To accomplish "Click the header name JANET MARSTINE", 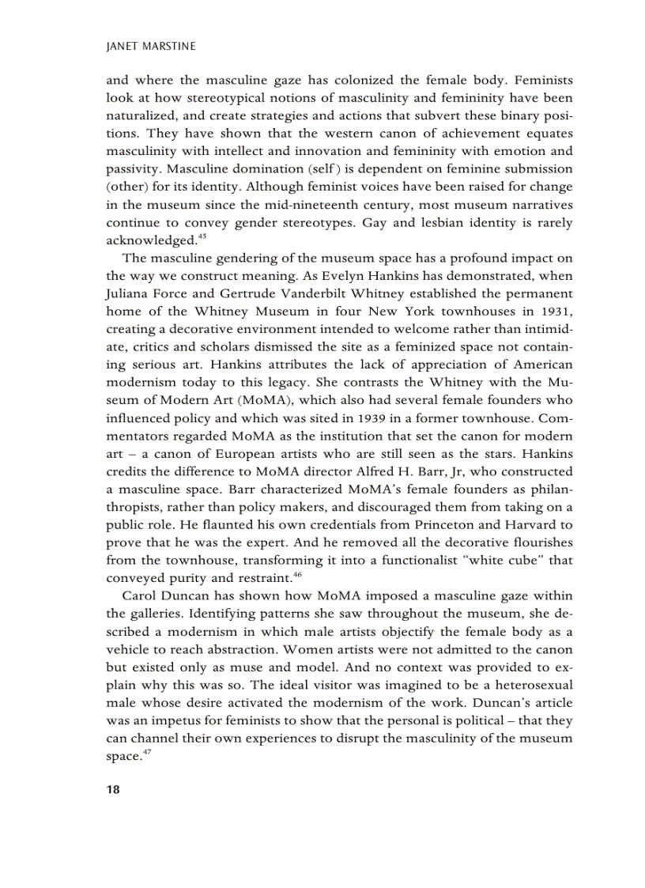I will click(150, 47).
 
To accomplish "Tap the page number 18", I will click(112, 790).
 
